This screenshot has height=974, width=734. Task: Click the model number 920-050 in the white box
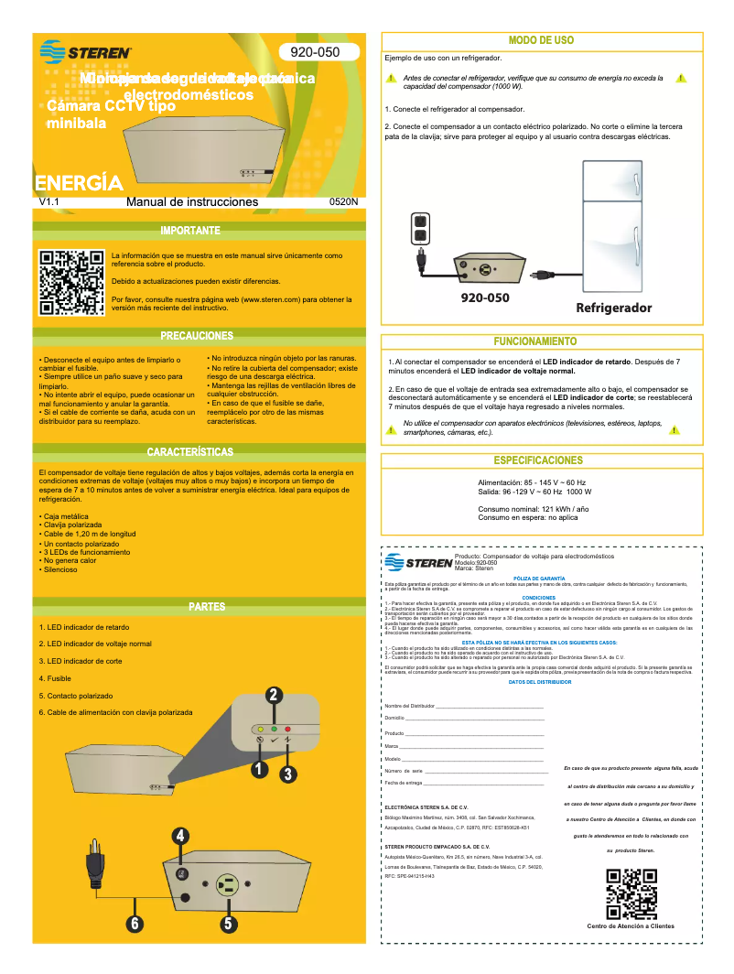[x=315, y=52]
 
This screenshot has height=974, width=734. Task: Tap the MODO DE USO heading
[x=541, y=40]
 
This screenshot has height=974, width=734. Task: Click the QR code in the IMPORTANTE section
[x=71, y=282]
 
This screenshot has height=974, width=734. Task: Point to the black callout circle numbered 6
[x=135, y=923]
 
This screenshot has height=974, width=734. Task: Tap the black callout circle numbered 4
[x=181, y=836]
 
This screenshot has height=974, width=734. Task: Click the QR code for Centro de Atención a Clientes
[x=631, y=894]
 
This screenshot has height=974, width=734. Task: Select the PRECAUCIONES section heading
[x=197, y=336]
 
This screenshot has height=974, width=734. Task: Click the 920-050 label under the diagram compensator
[x=485, y=298]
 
